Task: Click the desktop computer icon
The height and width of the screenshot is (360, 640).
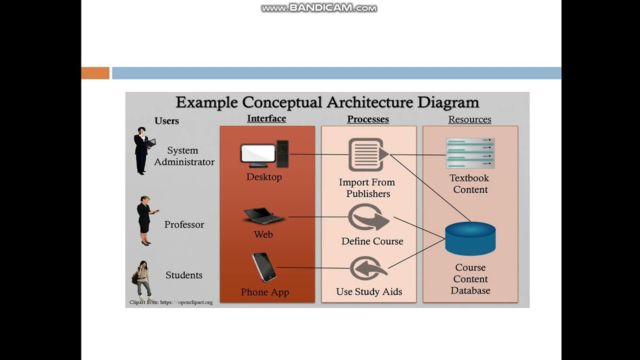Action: tap(264, 154)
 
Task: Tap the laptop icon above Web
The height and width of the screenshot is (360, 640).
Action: tap(263, 215)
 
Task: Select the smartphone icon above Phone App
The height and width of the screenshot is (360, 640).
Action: tap(264, 267)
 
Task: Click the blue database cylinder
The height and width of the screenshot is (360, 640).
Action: tap(470, 238)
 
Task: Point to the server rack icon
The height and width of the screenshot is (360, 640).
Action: tap(470, 153)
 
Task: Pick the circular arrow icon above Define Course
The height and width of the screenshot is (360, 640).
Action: tap(369, 218)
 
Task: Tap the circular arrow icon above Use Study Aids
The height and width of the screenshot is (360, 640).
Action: tap(368, 268)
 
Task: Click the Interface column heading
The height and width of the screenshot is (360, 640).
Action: tap(266, 118)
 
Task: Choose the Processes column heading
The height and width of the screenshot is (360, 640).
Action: tap(368, 119)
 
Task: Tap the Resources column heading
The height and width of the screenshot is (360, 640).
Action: tap(469, 119)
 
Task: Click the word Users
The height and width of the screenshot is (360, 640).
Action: tap(166, 120)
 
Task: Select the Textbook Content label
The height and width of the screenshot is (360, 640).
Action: tap(469, 183)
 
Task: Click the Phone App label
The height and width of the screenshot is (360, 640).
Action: tap(265, 292)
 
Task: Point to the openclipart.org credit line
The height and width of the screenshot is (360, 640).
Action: tap(171, 302)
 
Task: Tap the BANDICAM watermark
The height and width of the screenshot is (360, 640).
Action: tap(319, 8)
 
